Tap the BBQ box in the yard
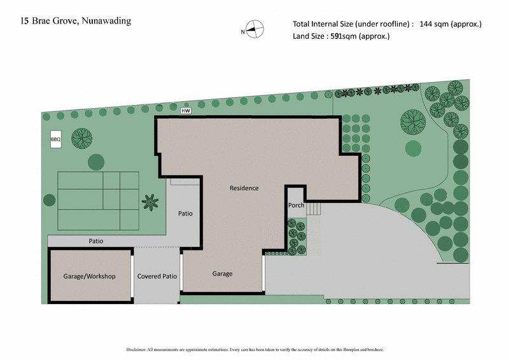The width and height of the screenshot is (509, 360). click(x=55, y=139)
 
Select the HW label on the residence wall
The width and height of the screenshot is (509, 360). click(x=186, y=111)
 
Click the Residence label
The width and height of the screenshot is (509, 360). click(x=244, y=188)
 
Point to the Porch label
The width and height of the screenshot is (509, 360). click(x=296, y=205)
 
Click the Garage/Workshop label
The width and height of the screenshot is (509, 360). click(x=89, y=277)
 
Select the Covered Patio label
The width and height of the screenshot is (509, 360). click(x=157, y=277)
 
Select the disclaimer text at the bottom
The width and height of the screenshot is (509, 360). click(x=254, y=349)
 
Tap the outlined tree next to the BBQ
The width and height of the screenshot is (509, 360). click(x=81, y=137)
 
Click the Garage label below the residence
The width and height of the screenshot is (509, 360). click(x=222, y=273)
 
